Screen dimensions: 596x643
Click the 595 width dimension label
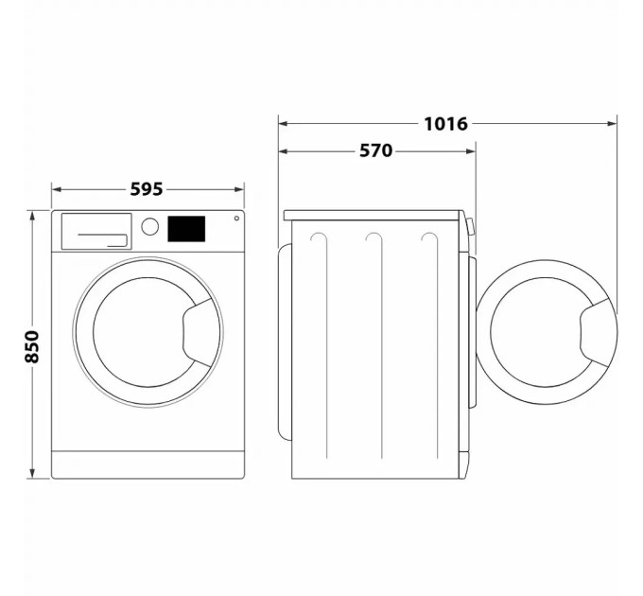click(147, 189)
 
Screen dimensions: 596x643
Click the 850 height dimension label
click(31, 347)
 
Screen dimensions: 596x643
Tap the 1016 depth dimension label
click(445, 123)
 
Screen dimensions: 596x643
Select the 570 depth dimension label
click(375, 150)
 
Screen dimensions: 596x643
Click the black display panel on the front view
click(186, 228)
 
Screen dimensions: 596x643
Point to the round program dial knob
click(149, 227)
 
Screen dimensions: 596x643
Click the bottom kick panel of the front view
click(148, 464)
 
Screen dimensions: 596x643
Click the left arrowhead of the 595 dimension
click(55, 189)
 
